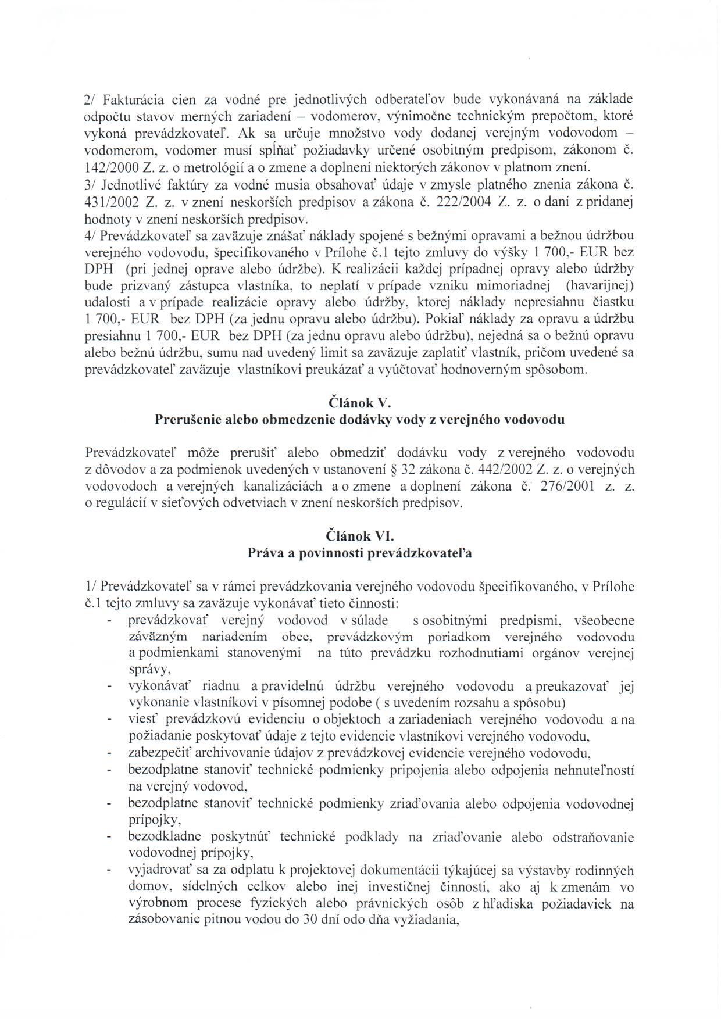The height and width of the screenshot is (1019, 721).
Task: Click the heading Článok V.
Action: click(x=360, y=402)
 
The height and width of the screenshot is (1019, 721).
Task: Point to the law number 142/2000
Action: click(x=112, y=168)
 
